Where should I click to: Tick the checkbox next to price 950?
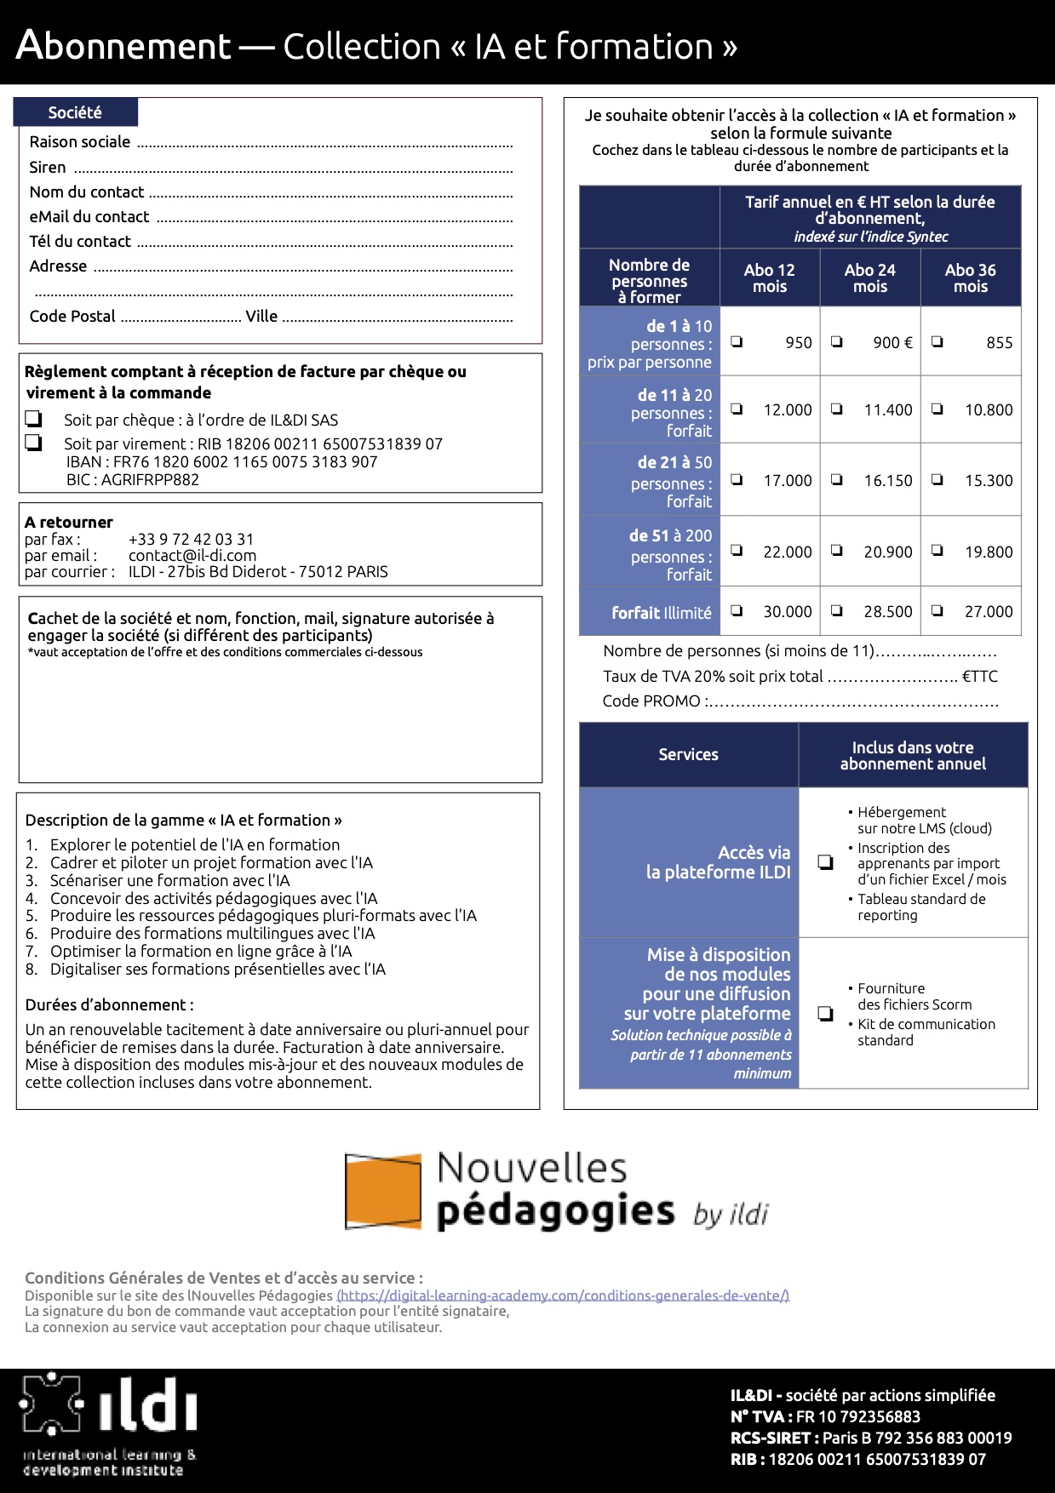tap(737, 342)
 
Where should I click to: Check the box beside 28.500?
tap(837, 610)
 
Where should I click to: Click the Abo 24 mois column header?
tap(869, 277)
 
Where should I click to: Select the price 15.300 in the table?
tap(988, 480)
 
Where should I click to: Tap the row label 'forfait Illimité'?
tap(661, 612)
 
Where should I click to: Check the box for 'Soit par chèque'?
tap(33, 419)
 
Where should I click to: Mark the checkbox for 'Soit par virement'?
tap(33, 443)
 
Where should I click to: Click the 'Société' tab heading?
tap(75, 112)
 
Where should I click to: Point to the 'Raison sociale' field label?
tap(80, 142)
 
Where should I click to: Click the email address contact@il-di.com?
tap(192, 555)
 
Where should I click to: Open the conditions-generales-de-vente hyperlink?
tap(563, 1296)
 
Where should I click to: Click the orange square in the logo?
tap(383, 1192)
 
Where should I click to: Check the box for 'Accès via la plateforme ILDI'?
tap(825, 862)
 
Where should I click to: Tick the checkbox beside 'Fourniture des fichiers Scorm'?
tap(825, 1013)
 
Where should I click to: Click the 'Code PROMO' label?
tap(651, 701)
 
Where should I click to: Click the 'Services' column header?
tap(688, 754)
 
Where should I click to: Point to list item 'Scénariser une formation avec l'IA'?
tap(169, 880)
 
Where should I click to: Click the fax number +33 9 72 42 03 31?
tap(191, 539)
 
